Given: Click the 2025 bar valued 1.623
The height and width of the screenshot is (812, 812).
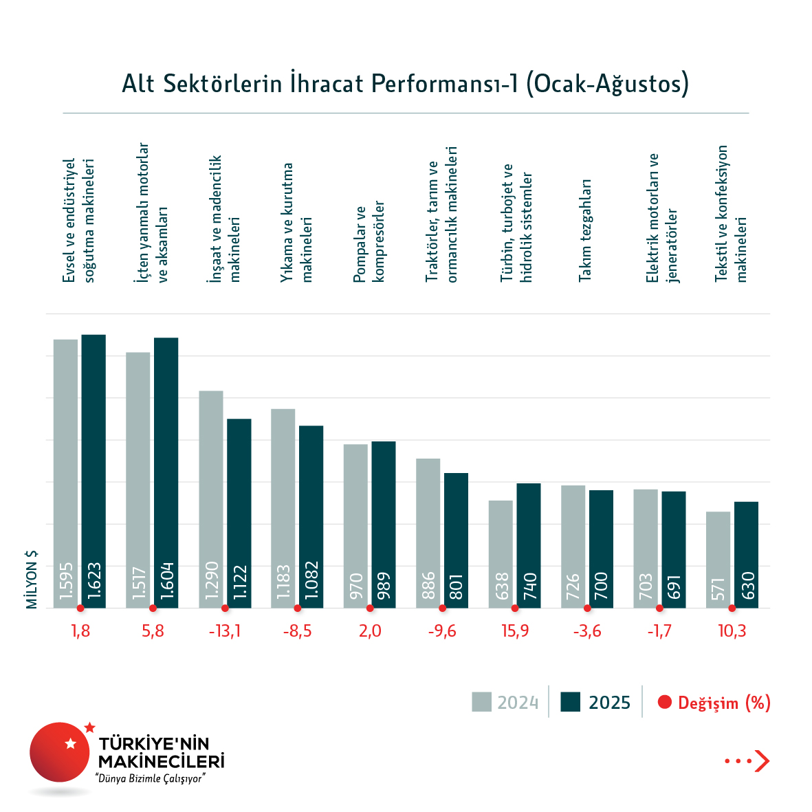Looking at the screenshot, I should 94,471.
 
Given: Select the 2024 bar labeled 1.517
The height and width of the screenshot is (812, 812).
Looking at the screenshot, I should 138,480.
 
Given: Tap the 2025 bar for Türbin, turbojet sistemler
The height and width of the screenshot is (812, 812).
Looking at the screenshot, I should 529,545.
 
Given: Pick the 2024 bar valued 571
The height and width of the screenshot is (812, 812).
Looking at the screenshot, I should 718,560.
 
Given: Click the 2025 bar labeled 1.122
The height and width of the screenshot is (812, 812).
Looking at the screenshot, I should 239,513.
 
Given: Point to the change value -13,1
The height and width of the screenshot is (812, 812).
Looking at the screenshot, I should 225,631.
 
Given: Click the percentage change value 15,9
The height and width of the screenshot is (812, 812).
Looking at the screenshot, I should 515,631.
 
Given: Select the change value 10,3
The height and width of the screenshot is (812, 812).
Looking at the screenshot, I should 732,631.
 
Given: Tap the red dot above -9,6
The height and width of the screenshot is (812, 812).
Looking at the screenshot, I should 442,608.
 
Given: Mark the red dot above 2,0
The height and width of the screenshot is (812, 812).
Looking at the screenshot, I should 370,608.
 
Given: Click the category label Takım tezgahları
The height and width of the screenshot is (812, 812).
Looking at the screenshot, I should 585,230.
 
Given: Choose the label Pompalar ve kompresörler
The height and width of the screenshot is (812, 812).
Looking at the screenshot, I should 369,242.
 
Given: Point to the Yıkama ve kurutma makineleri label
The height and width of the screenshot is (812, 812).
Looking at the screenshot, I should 296,223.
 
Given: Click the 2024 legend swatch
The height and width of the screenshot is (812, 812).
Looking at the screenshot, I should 481,702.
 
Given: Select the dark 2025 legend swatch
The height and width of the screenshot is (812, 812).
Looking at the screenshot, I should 571,702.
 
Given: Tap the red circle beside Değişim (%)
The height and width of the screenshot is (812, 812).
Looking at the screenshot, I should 664,702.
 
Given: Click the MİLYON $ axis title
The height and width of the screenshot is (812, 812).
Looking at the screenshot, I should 32,580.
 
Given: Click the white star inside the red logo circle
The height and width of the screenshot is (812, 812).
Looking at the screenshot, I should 70,743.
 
